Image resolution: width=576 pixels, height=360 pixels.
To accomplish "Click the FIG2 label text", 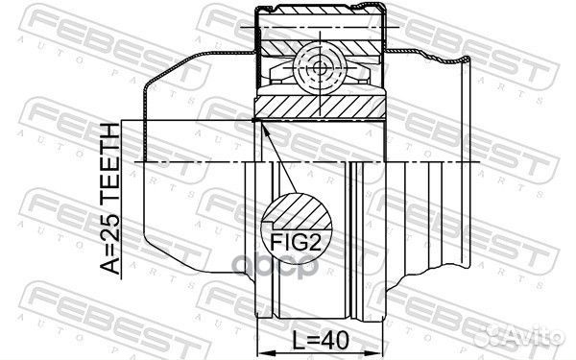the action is click(296, 242).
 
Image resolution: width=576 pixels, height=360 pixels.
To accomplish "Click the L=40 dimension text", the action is click(320, 341).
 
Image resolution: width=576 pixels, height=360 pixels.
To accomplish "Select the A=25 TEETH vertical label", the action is click(110, 199).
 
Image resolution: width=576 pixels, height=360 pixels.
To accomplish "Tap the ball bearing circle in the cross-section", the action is click(320, 67).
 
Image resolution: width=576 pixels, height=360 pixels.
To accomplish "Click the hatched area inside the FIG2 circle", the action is click(299, 211).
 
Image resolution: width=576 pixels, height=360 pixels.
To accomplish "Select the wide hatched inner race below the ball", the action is click(320, 108).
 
